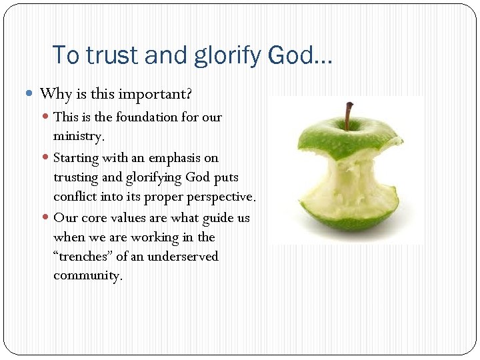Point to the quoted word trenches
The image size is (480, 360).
coord(83,257)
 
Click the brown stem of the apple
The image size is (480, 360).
coord(347,115)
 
